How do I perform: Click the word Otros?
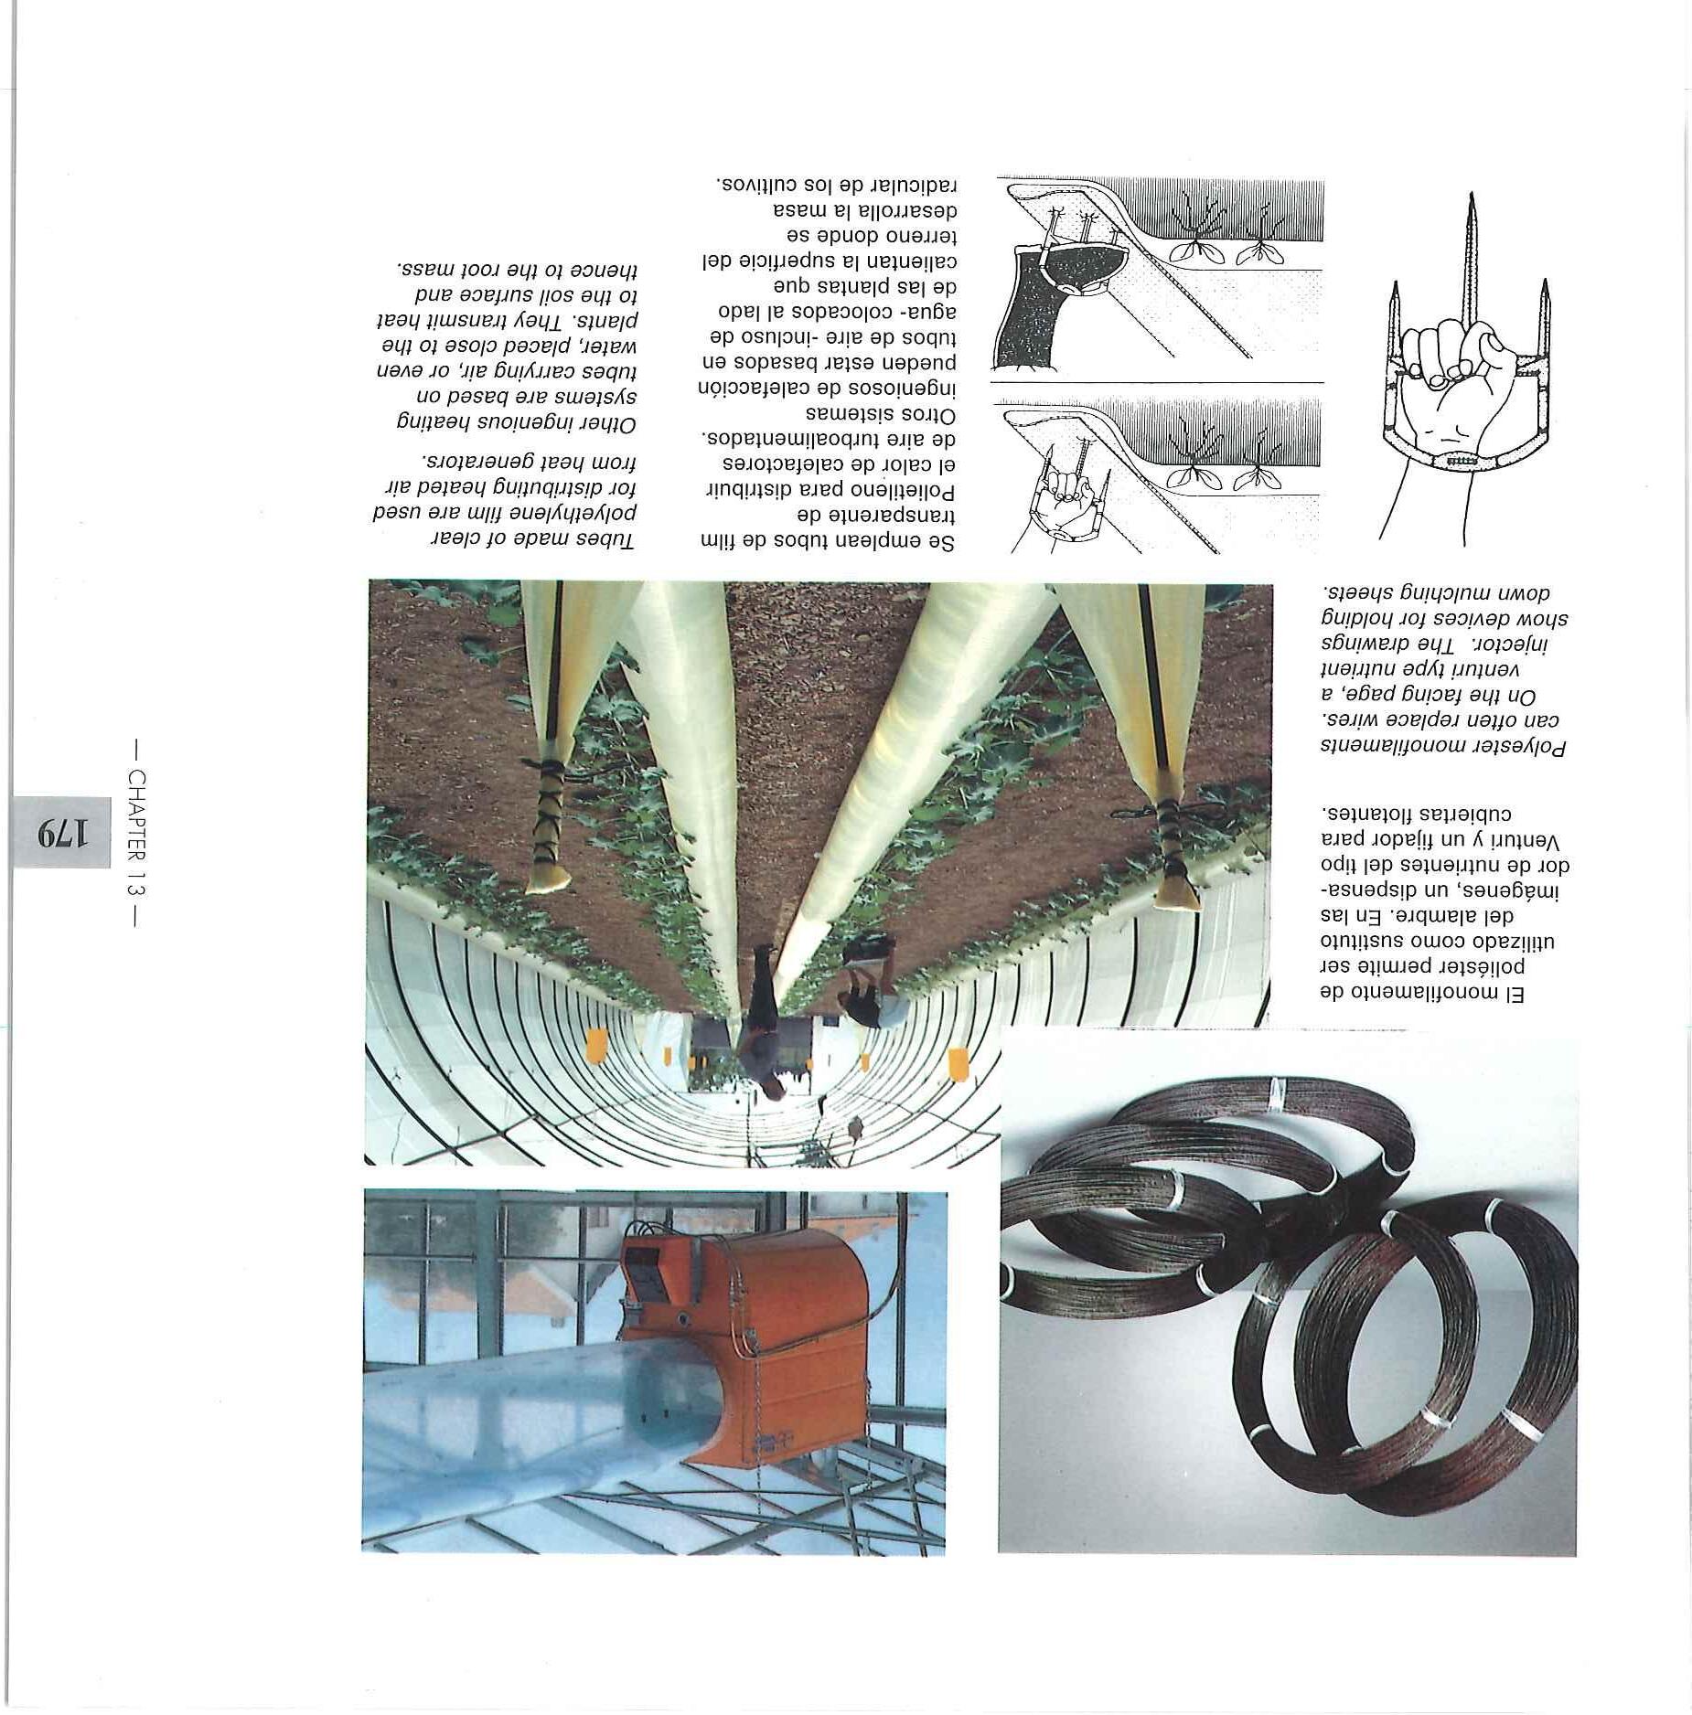point(924,416)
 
